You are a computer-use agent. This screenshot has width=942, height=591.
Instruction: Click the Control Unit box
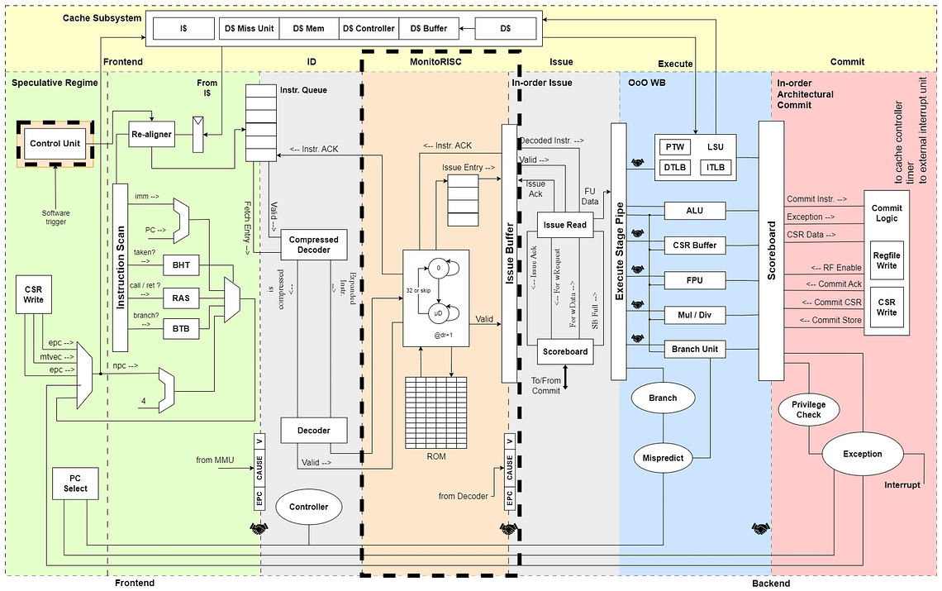click(x=55, y=144)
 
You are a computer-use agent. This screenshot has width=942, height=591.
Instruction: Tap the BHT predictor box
click(x=181, y=266)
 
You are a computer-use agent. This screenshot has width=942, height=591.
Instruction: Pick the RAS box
click(x=181, y=297)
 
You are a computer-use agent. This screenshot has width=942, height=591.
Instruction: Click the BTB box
click(x=181, y=328)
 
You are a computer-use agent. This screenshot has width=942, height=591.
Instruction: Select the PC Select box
click(x=75, y=482)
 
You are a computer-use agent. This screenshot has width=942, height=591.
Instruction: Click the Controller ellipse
click(x=308, y=507)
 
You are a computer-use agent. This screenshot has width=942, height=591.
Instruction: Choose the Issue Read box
click(x=565, y=224)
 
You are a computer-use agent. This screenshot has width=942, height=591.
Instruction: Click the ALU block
click(x=694, y=212)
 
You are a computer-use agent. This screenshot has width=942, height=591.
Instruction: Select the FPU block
click(x=694, y=280)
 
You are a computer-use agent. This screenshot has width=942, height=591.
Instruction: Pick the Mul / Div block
click(x=694, y=315)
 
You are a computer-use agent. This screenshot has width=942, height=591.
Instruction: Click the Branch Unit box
click(x=694, y=349)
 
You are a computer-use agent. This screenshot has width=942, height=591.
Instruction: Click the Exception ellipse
click(x=862, y=454)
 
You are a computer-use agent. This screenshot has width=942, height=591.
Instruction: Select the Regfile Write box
click(x=886, y=261)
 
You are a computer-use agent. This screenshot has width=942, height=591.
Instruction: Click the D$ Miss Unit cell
click(x=249, y=28)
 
